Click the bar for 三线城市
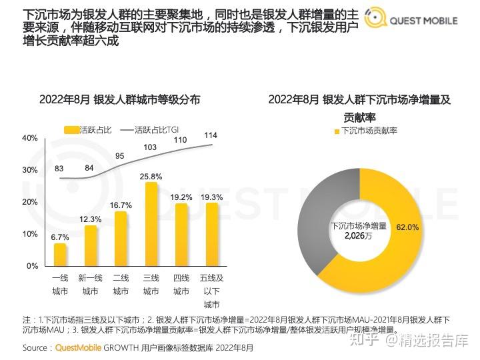click(151, 223)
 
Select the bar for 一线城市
click(60, 255)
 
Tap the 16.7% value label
click(121, 205)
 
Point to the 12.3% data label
click(90, 219)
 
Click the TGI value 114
click(211, 135)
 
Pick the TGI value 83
click(59, 168)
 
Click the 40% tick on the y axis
click(29, 138)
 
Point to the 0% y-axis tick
click(32, 266)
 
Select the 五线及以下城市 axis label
click(211, 291)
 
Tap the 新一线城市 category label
click(90, 284)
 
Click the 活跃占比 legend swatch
click(71, 129)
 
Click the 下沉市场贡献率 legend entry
click(369, 131)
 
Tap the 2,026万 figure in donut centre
click(359, 235)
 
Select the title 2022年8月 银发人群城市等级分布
click(120, 100)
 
